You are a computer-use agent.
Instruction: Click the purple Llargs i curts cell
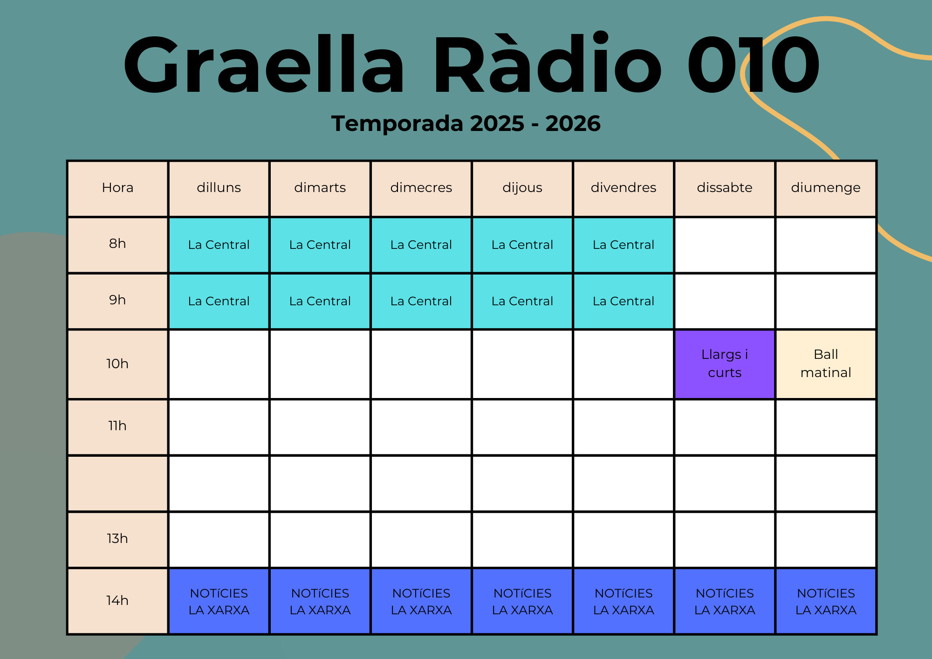[x=725, y=364]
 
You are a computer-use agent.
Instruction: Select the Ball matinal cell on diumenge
[x=826, y=364]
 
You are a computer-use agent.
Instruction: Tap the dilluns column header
[x=219, y=188]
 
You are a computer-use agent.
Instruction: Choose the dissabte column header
[x=725, y=188]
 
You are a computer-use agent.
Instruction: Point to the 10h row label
[x=117, y=364]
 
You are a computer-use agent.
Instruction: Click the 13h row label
[x=117, y=539]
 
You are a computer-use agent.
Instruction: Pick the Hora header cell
[x=117, y=188]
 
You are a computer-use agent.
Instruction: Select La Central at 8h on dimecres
[x=421, y=245]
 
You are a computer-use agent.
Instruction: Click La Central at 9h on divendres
[x=624, y=301]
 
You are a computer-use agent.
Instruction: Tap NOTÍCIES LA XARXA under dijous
[x=522, y=601]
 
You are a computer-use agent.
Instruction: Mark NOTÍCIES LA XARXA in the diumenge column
[x=826, y=601]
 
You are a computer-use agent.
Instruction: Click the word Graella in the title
[x=264, y=64]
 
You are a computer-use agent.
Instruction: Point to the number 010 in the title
[x=753, y=64]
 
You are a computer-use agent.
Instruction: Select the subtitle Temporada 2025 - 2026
[x=466, y=124]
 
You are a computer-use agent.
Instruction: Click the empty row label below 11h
[x=117, y=483]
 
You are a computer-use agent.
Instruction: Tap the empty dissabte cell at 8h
[x=725, y=245]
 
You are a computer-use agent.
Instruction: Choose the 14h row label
[x=117, y=601]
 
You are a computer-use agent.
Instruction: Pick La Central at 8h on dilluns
[x=219, y=245]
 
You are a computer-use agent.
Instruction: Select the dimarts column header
[x=320, y=188]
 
